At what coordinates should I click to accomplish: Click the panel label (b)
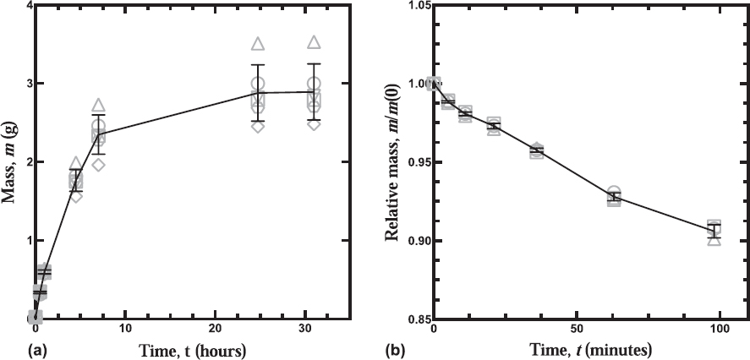(x=396, y=351)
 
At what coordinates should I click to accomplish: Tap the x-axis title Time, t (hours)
(x=192, y=351)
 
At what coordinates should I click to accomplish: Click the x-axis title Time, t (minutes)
(x=583, y=351)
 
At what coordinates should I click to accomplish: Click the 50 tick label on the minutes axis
(x=577, y=330)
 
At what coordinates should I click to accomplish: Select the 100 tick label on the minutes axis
(x=720, y=330)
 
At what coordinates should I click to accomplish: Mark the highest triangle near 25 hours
(x=258, y=44)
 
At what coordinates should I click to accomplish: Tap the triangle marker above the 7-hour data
(x=99, y=105)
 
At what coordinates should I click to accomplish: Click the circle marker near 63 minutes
(x=614, y=192)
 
